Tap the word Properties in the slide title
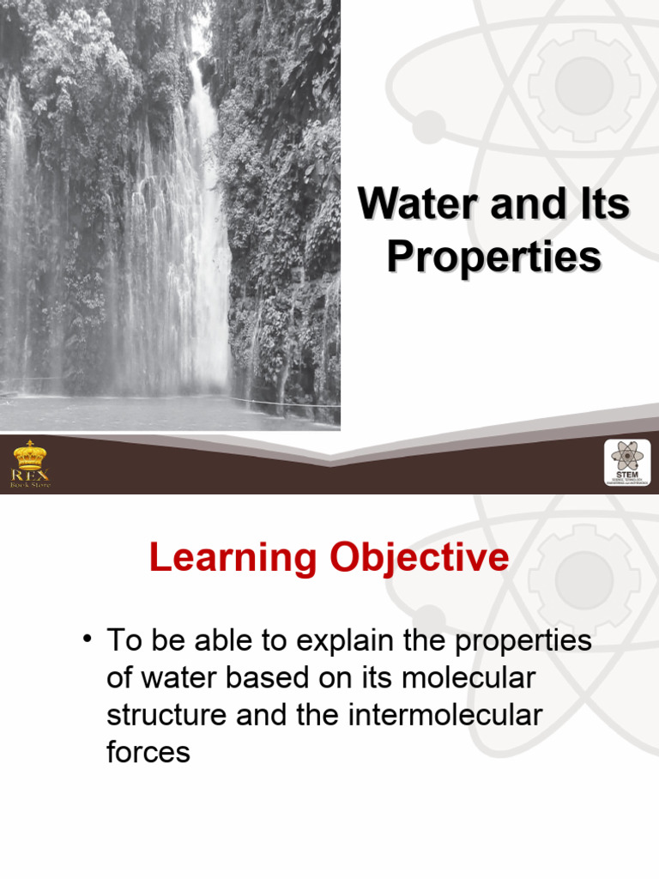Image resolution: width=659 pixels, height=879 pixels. (493, 258)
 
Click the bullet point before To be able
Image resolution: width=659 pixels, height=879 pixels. (88, 640)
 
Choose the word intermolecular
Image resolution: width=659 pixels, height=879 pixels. (446, 715)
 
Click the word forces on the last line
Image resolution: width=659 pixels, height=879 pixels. (148, 752)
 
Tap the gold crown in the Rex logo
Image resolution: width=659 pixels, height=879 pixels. (30, 455)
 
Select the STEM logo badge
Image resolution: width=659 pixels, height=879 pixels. (628, 464)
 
